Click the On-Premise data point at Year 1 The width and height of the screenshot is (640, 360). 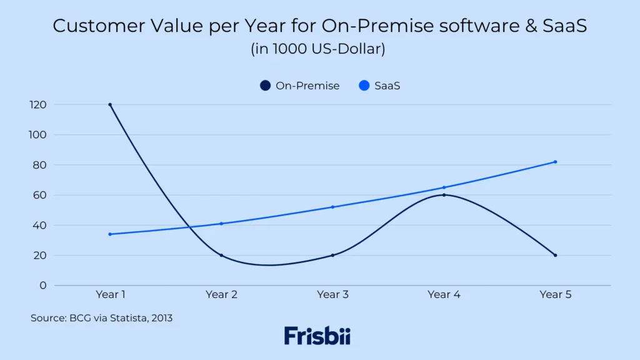click(110, 104)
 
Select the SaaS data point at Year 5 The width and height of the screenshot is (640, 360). click(555, 162)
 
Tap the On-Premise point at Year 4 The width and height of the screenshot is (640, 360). click(444, 195)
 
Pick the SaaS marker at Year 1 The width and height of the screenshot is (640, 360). click(110, 234)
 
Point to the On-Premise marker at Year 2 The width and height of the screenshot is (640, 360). click(221, 255)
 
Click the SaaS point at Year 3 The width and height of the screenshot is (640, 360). click(332, 207)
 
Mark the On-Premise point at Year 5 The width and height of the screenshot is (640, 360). click(555, 255)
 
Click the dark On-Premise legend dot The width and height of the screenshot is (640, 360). click(265, 86)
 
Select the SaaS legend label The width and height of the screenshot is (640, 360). click(387, 86)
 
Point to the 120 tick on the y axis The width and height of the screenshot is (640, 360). click(38, 104)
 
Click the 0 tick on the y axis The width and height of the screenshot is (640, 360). click(43, 285)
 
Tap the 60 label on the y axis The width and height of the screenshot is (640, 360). click(40, 195)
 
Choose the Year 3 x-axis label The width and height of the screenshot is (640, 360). click(332, 294)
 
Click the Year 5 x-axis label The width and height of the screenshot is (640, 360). click(555, 294)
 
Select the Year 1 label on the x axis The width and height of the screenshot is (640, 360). click(110, 294)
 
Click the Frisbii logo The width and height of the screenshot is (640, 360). click(317, 336)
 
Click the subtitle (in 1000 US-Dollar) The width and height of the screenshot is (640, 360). click(318, 49)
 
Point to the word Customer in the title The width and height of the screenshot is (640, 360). click(87, 26)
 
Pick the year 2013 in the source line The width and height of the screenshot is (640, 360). click(160, 318)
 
